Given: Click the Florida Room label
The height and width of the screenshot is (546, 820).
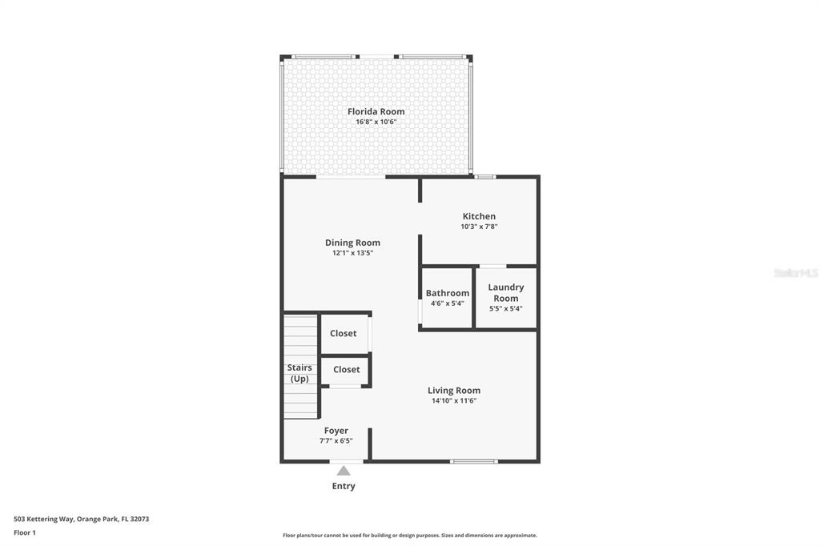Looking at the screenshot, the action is pos(376,111).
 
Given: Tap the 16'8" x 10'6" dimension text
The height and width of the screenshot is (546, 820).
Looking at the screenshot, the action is pos(376,122).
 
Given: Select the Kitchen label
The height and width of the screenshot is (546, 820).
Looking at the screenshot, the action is pos(479,216).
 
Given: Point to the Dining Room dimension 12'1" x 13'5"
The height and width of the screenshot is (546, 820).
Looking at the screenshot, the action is pos(353,253).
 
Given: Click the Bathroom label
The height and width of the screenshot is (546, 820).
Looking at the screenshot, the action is pos(448,293).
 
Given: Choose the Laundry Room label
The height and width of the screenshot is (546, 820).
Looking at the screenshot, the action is pos(506,293).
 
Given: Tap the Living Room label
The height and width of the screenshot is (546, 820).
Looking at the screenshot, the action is pos(454,390).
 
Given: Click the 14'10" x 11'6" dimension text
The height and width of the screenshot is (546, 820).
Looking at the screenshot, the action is pos(454,401).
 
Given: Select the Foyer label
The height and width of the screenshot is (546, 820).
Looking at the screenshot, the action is pos(336,431).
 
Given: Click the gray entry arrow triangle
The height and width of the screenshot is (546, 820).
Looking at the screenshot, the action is pos(344,471).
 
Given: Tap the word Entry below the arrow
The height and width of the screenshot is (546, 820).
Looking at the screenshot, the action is pos(344,486).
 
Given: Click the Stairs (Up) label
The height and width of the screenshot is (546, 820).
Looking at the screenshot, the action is pos(299,373).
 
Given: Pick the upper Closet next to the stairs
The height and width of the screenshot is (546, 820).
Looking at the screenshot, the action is pos(343,333).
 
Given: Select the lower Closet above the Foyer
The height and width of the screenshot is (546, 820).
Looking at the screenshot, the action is pos(347,369).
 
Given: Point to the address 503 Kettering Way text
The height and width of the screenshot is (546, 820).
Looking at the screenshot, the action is pos(82,520).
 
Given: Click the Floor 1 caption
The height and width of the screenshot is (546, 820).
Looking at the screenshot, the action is pos(25,533).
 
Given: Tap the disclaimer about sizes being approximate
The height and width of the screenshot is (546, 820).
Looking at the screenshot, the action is pos(410,536).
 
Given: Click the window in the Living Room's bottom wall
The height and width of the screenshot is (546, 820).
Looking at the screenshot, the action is pos(474,461).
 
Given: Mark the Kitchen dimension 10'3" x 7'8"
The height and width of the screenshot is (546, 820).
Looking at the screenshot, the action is pos(479,227).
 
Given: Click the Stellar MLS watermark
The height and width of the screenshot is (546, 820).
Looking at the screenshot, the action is pos(795,273).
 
